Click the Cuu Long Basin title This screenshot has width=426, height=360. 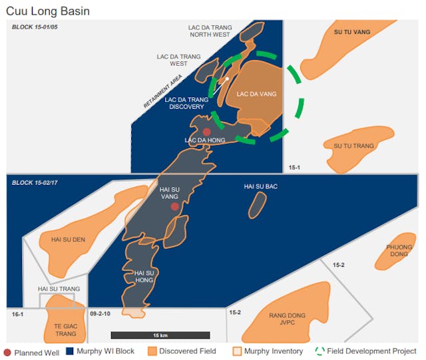tap(48, 11)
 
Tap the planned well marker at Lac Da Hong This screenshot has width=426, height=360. tap(207, 132)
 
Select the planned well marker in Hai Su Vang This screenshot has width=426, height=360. tap(175, 206)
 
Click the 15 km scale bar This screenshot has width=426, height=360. tap(160, 334)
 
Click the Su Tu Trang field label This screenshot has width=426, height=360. tap(353, 146)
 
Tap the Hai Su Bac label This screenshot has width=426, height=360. tap(261, 186)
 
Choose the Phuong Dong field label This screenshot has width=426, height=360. tap(399, 250)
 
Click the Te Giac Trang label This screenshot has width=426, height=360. tap(65, 329)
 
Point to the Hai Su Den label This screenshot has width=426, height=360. tap(68, 240)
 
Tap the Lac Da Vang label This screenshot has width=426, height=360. tap(256, 94)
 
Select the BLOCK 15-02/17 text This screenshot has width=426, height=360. tap(35, 182)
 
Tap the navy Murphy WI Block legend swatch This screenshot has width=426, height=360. tap(70, 351)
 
